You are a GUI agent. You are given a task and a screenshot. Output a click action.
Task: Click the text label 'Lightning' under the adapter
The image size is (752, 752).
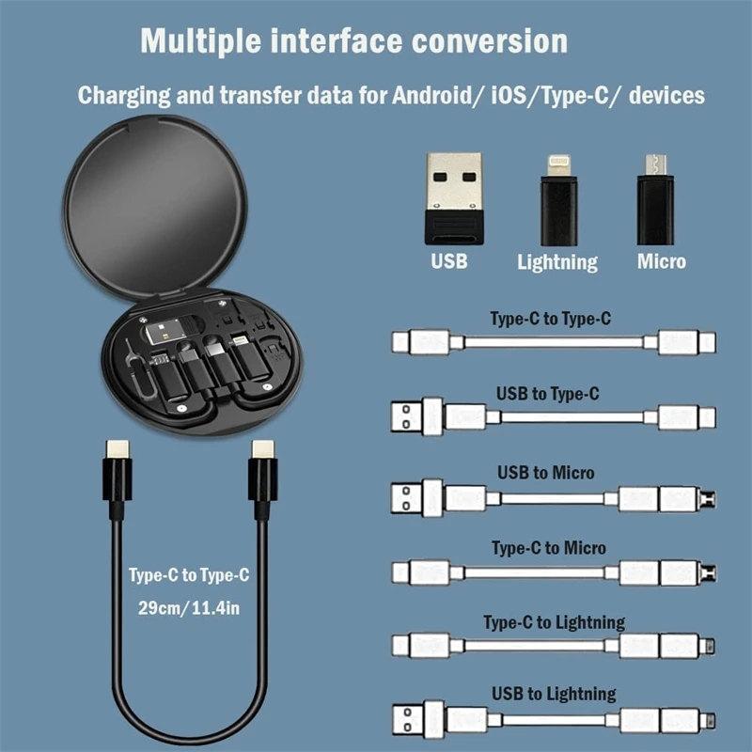556,262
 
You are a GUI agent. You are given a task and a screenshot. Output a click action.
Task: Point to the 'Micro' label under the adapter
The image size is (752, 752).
662,261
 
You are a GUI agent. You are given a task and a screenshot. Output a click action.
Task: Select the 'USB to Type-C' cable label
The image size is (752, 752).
547,394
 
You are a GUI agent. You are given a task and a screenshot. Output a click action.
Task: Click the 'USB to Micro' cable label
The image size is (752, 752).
545,472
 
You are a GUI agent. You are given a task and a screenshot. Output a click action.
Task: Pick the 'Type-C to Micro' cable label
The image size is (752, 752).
549,547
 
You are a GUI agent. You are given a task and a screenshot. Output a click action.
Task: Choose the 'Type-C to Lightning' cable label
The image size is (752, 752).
554,622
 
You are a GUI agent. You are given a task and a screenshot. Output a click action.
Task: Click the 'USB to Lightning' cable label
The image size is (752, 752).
554,695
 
